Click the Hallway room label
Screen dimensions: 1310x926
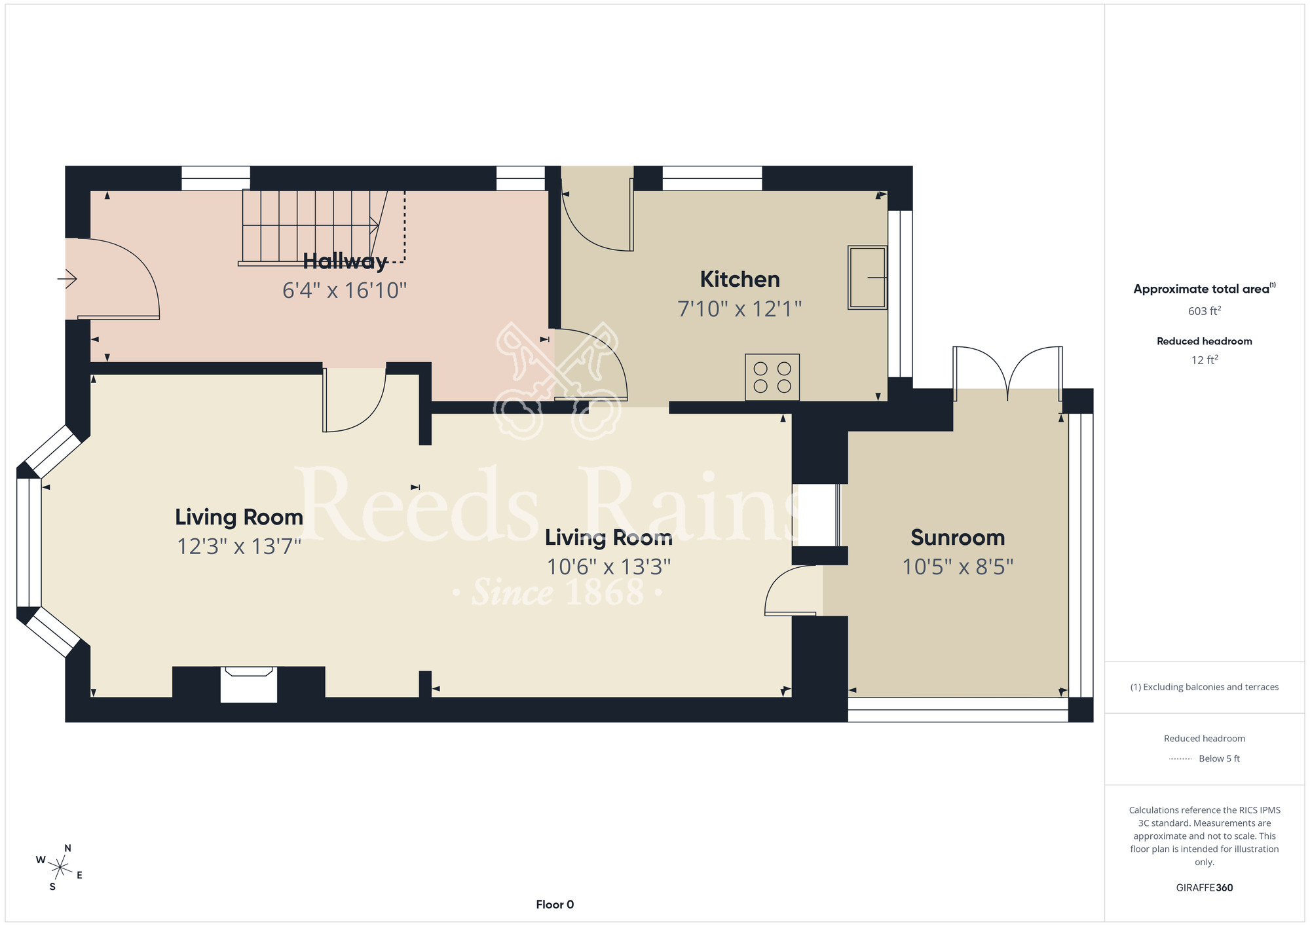point(345,261)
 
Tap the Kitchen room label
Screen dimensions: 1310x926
point(740,280)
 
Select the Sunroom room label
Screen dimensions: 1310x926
point(958,538)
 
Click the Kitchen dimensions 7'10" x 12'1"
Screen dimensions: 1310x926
point(740,308)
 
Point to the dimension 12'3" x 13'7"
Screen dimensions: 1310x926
point(239,546)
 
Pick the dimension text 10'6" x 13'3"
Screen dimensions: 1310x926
point(609,566)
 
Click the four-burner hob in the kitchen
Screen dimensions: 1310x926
point(772,377)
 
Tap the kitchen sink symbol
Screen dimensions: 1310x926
point(867,278)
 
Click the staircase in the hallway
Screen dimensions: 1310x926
point(322,227)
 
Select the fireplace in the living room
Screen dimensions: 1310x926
point(249,684)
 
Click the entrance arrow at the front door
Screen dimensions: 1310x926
point(67,279)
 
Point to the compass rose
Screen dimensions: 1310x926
point(60,868)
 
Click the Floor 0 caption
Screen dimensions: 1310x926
point(555,904)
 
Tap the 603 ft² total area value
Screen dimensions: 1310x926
point(1205,311)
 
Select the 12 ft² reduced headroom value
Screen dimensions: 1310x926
point(1205,360)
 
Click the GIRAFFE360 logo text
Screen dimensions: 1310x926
point(1205,888)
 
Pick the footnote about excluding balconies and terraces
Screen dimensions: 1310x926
point(1205,687)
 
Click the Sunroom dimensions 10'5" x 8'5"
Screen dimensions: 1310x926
point(958,566)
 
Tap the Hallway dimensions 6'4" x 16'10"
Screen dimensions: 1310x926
point(345,290)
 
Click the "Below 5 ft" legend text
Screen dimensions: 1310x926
point(1219,758)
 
